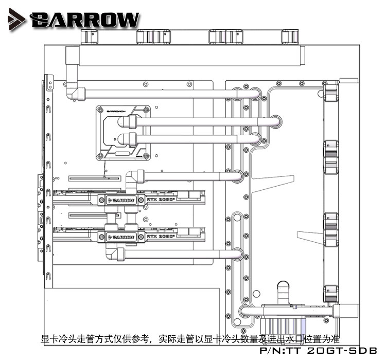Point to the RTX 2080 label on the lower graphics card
click(160, 237)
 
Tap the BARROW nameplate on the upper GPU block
click(121, 200)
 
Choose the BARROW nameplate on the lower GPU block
click(121, 237)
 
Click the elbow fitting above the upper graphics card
click(135, 178)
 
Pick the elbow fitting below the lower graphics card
click(114, 253)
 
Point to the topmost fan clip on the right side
click(331, 93)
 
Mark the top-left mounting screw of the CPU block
click(100, 110)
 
